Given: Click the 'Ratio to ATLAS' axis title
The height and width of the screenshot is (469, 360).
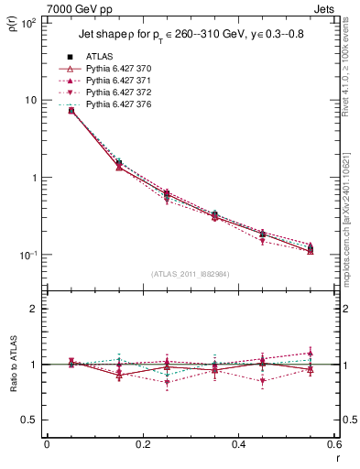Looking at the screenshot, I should [12, 365].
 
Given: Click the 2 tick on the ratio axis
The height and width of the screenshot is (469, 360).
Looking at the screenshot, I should [34, 309].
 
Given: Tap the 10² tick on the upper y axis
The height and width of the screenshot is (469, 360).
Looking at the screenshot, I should [27, 22].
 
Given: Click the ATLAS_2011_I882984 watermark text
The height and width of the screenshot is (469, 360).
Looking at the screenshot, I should [191, 274].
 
